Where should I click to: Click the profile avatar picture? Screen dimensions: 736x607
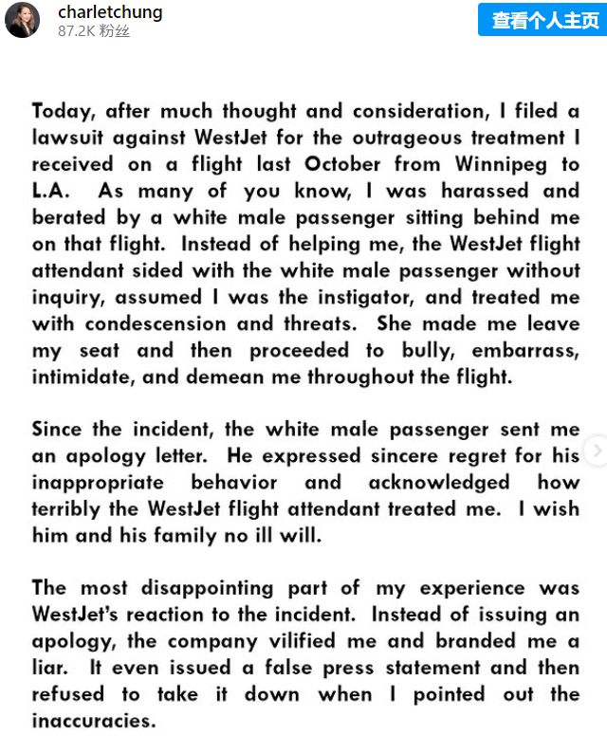[x=22, y=19]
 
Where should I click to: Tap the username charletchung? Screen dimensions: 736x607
[x=110, y=12]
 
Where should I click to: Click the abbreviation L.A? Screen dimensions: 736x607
[x=50, y=191]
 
